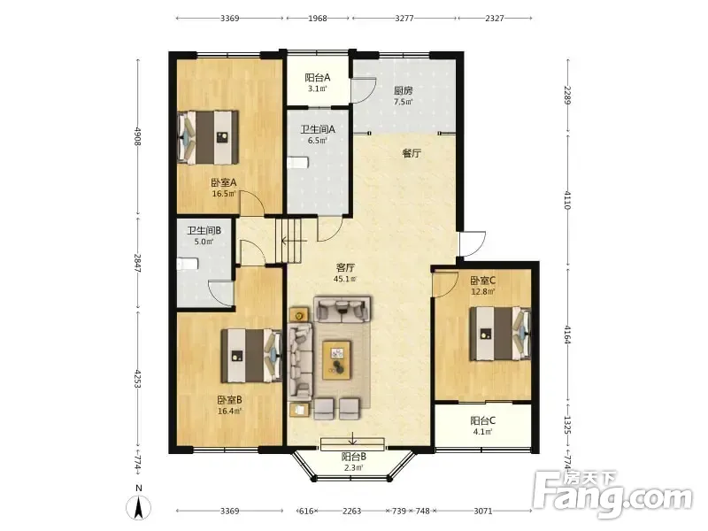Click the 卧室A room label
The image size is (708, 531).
pyautogui.click(x=224, y=183)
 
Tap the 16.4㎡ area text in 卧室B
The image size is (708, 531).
pyautogui.click(x=229, y=411)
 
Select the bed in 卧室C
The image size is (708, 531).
pyautogui.click(x=500, y=334)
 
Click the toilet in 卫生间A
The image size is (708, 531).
pyautogui.click(x=297, y=163)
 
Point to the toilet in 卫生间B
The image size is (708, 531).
pyautogui.click(x=188, y=264)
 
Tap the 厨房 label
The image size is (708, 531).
pyautogui.click(x=403, y=90)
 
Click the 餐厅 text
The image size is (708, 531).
pyautogui.click(x=412, y=153)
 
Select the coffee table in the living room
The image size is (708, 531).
pyautogui.click(x=337, y=360)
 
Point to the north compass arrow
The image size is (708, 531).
pyautogui.click(x=139, y=508)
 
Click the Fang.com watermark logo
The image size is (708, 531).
pyautogui.click(x=612, y=495)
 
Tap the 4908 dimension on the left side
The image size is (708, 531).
pyautogui.click(x=138, y=136)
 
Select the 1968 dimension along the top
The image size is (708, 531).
pyautogui.click(x=318, y=18)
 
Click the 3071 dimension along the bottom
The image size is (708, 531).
pyautogui.click(x=482, y=512)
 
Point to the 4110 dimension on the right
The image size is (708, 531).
pyautogui.click(x=567, y=201)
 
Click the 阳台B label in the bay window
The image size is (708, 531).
pyautogui.click(x=353, y=457)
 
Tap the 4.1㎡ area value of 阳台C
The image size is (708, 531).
pyautogui.click(x=482, y=432)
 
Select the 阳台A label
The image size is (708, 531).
pyautogui.click(x=318, y=78)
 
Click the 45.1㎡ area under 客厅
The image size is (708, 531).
pyautogui.click(x=345, y=279)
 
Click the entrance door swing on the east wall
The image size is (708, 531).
pyautogui.click(x=473, y=244)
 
